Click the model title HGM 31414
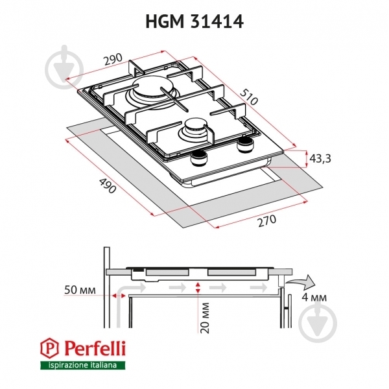[194, 21]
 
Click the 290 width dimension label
[113, 59]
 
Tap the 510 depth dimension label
[249, 97]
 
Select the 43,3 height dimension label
[320, 159]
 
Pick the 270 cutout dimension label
[266, 221]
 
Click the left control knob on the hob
[199, 159]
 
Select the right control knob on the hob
[246, 146]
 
